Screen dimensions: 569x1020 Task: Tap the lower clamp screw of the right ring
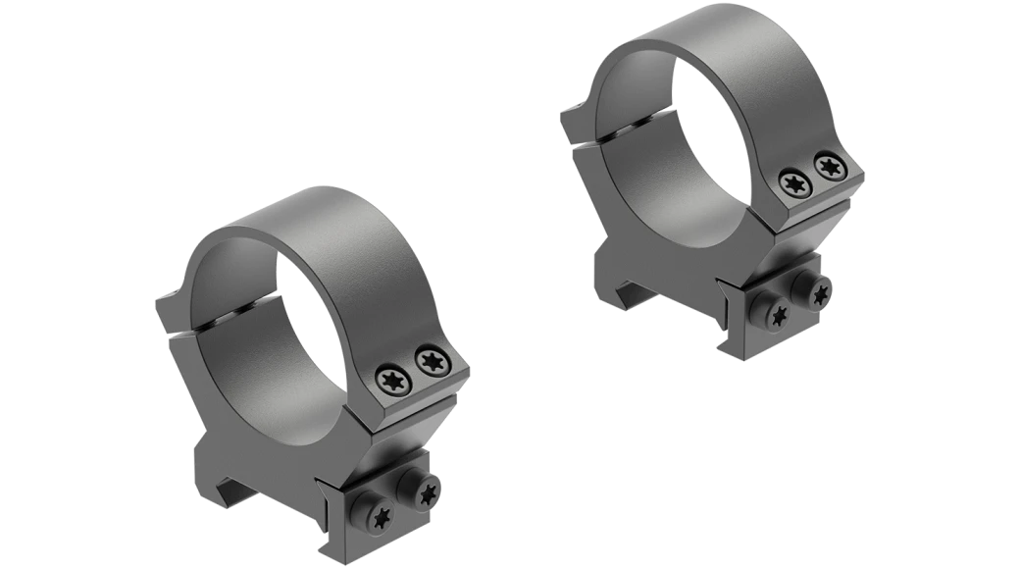[782, 314]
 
